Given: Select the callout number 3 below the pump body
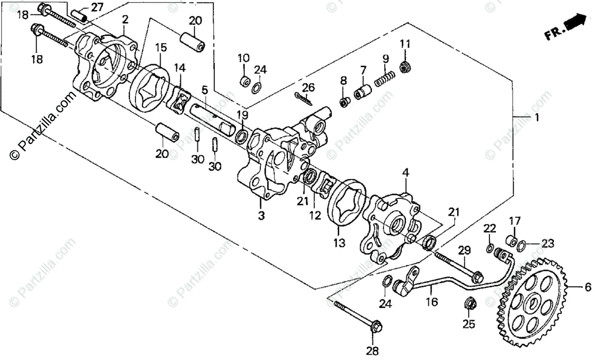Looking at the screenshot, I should coord(261,216).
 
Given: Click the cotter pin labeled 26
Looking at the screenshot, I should coord(303,99).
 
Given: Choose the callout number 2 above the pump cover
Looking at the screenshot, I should coord(125,19).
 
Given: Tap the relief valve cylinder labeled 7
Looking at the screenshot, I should coord(363,91).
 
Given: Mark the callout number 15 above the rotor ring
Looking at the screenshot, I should coord(160,48).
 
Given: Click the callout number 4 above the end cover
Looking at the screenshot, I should coord(406,173).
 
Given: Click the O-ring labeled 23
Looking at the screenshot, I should coord(522,245).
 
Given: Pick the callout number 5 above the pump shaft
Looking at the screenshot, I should coord(204,90).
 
